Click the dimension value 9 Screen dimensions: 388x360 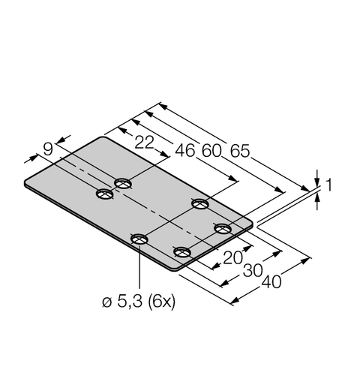49,149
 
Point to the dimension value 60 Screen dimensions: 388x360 212,149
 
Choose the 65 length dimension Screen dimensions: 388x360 240,149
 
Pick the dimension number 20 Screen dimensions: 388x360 233,257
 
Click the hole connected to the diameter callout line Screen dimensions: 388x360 139,239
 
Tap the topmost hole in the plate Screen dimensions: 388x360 124,183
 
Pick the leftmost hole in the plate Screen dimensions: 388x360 104,194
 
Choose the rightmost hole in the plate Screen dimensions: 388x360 221,227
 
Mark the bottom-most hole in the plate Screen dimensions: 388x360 181,251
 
